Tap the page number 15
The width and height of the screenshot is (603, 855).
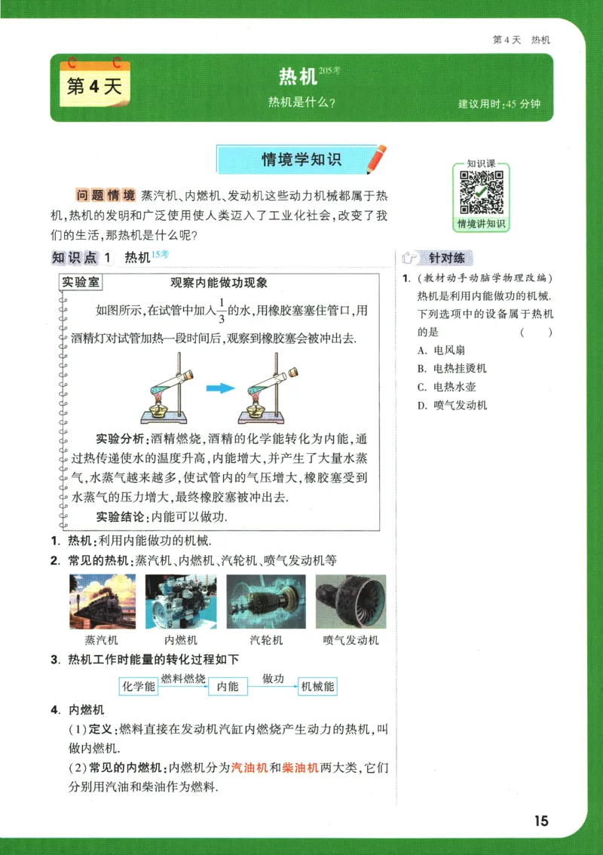pos(540,821)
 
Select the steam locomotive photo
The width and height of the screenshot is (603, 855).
pos(103,602)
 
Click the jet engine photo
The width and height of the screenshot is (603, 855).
pos(350,602)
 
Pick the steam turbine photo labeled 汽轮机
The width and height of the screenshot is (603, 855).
pos(266,602)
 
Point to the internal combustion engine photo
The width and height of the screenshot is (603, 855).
pos(181,602)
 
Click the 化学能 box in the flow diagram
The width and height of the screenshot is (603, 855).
pos(138,686)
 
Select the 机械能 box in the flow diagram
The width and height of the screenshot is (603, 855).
pos(317,686)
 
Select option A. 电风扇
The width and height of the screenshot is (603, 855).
pos(448,350)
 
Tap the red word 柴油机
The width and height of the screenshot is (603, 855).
pos(300,769)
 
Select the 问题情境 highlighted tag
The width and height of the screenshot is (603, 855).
pos(106,195)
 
